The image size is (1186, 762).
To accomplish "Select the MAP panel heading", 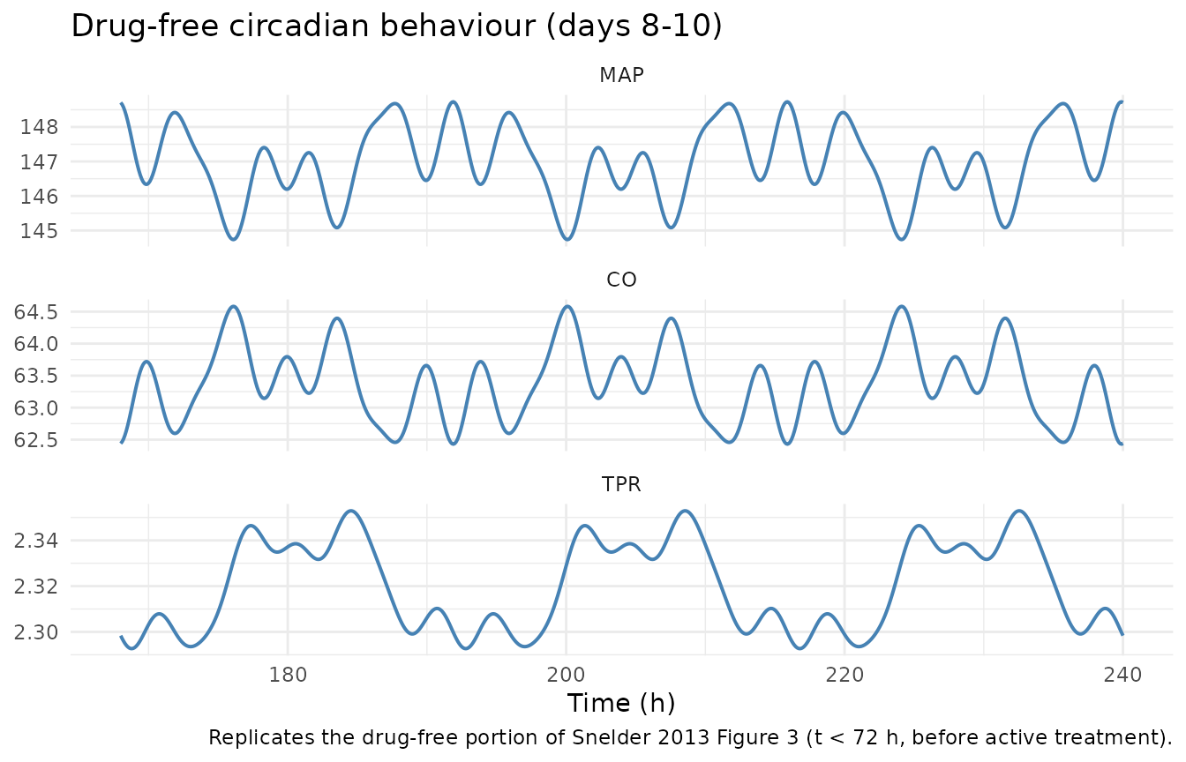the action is click(x=621, y=75).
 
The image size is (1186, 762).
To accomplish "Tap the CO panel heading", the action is click(x=621, y=280).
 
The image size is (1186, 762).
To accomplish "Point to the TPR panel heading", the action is click(x=621, y=484).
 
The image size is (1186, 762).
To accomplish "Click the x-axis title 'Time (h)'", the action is click(x=621, y=703).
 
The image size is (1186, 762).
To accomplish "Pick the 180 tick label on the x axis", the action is click(x=288, y=675).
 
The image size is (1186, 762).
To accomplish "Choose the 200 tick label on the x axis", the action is click(x=566, y=675).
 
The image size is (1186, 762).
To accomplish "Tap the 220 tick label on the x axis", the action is click(x=844, y=675).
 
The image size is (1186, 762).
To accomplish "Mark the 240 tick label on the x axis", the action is click(x=1122, y=675).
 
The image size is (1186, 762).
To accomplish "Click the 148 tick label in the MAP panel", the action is click(x=39, y=127).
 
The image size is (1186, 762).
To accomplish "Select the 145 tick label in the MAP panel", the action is click(x=39, y=231).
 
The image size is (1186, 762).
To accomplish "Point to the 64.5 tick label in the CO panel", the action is click(x=35, y=312).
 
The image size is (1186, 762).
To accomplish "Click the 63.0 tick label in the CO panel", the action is click(x=35, y=408).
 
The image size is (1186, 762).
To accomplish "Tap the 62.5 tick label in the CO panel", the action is click(x=35, y=440).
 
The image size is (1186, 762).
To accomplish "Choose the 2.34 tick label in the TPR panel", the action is click(x=35, y=541).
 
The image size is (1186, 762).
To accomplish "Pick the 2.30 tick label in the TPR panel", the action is click(x=35, y=632).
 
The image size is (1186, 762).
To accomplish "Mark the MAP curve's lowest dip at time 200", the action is click(x=567, y=240).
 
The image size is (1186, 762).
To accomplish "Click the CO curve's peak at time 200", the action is click(x=567, y=306).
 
